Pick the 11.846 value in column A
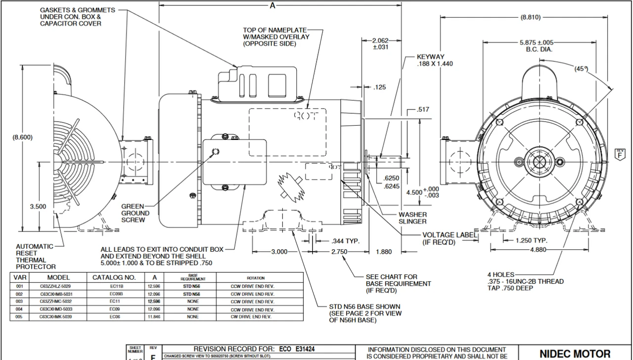click(154, 316)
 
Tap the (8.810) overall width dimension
click(530, 17)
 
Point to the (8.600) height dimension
click(22, 137)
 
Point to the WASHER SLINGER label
click(412, 218)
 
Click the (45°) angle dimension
click(582, 69)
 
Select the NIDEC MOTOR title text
click(575, 354)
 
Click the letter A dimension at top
click(272, 5)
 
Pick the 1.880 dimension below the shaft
click(384, 252)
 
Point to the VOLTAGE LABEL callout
click(450, 238)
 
